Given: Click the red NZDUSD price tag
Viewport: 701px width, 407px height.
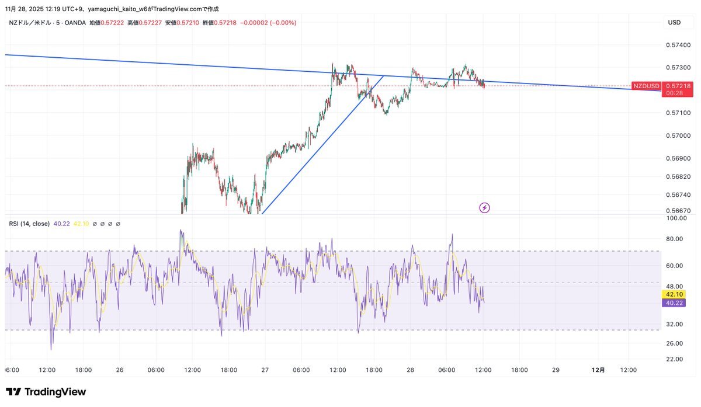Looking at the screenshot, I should pos(646,86).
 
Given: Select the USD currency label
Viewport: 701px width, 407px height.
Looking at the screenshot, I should pos(674,23).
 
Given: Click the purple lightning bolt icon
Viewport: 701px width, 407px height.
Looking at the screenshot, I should pos(484,207).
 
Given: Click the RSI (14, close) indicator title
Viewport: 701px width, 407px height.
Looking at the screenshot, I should pos(29,224).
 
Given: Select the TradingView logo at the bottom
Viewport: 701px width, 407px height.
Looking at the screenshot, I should pos(46,392).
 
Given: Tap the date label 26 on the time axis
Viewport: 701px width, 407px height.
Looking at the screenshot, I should pos(119,370).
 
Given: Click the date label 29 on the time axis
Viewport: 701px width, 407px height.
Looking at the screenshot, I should pos(556,370).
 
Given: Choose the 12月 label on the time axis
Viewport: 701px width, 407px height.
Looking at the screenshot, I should pos(598,370).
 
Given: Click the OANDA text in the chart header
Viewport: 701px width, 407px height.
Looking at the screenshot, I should pos(75,23).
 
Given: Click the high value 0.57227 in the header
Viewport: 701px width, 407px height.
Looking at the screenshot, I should pos(150,23).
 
